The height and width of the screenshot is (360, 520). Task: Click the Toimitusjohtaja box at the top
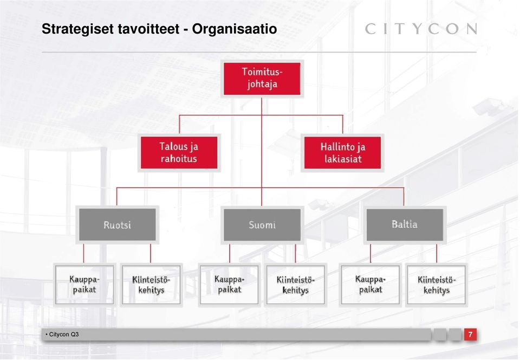262,79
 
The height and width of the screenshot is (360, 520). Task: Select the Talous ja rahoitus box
179,153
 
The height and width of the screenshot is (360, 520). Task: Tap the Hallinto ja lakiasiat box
342,153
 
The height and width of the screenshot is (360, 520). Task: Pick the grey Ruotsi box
118,224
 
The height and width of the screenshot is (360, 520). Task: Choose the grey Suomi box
262,224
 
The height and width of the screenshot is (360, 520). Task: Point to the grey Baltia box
405,224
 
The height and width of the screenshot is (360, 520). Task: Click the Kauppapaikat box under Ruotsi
84,285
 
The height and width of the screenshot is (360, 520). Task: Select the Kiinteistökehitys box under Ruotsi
151,285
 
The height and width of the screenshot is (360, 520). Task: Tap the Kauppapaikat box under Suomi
229,285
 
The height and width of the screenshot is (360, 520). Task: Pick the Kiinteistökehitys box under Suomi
296,285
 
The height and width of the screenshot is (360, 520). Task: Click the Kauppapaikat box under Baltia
370,285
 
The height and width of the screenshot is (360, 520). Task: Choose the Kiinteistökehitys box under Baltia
437,285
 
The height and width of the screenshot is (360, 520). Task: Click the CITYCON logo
421,29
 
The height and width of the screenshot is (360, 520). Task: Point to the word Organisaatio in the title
235,29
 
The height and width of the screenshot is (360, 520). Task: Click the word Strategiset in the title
77,29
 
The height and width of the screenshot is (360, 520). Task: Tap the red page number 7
470,334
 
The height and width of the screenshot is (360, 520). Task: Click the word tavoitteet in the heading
148,29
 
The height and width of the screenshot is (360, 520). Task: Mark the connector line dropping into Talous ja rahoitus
179,124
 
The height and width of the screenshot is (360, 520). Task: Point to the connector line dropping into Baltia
404,197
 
